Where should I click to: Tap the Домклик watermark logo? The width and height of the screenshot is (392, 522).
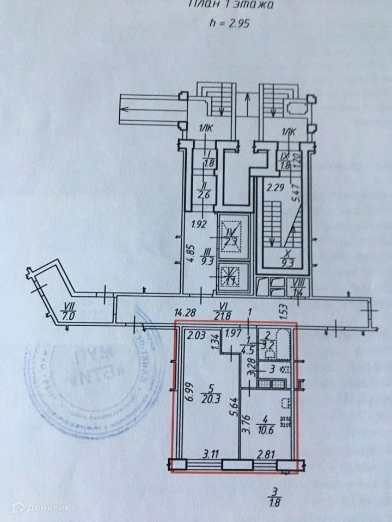tap(34, 507)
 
